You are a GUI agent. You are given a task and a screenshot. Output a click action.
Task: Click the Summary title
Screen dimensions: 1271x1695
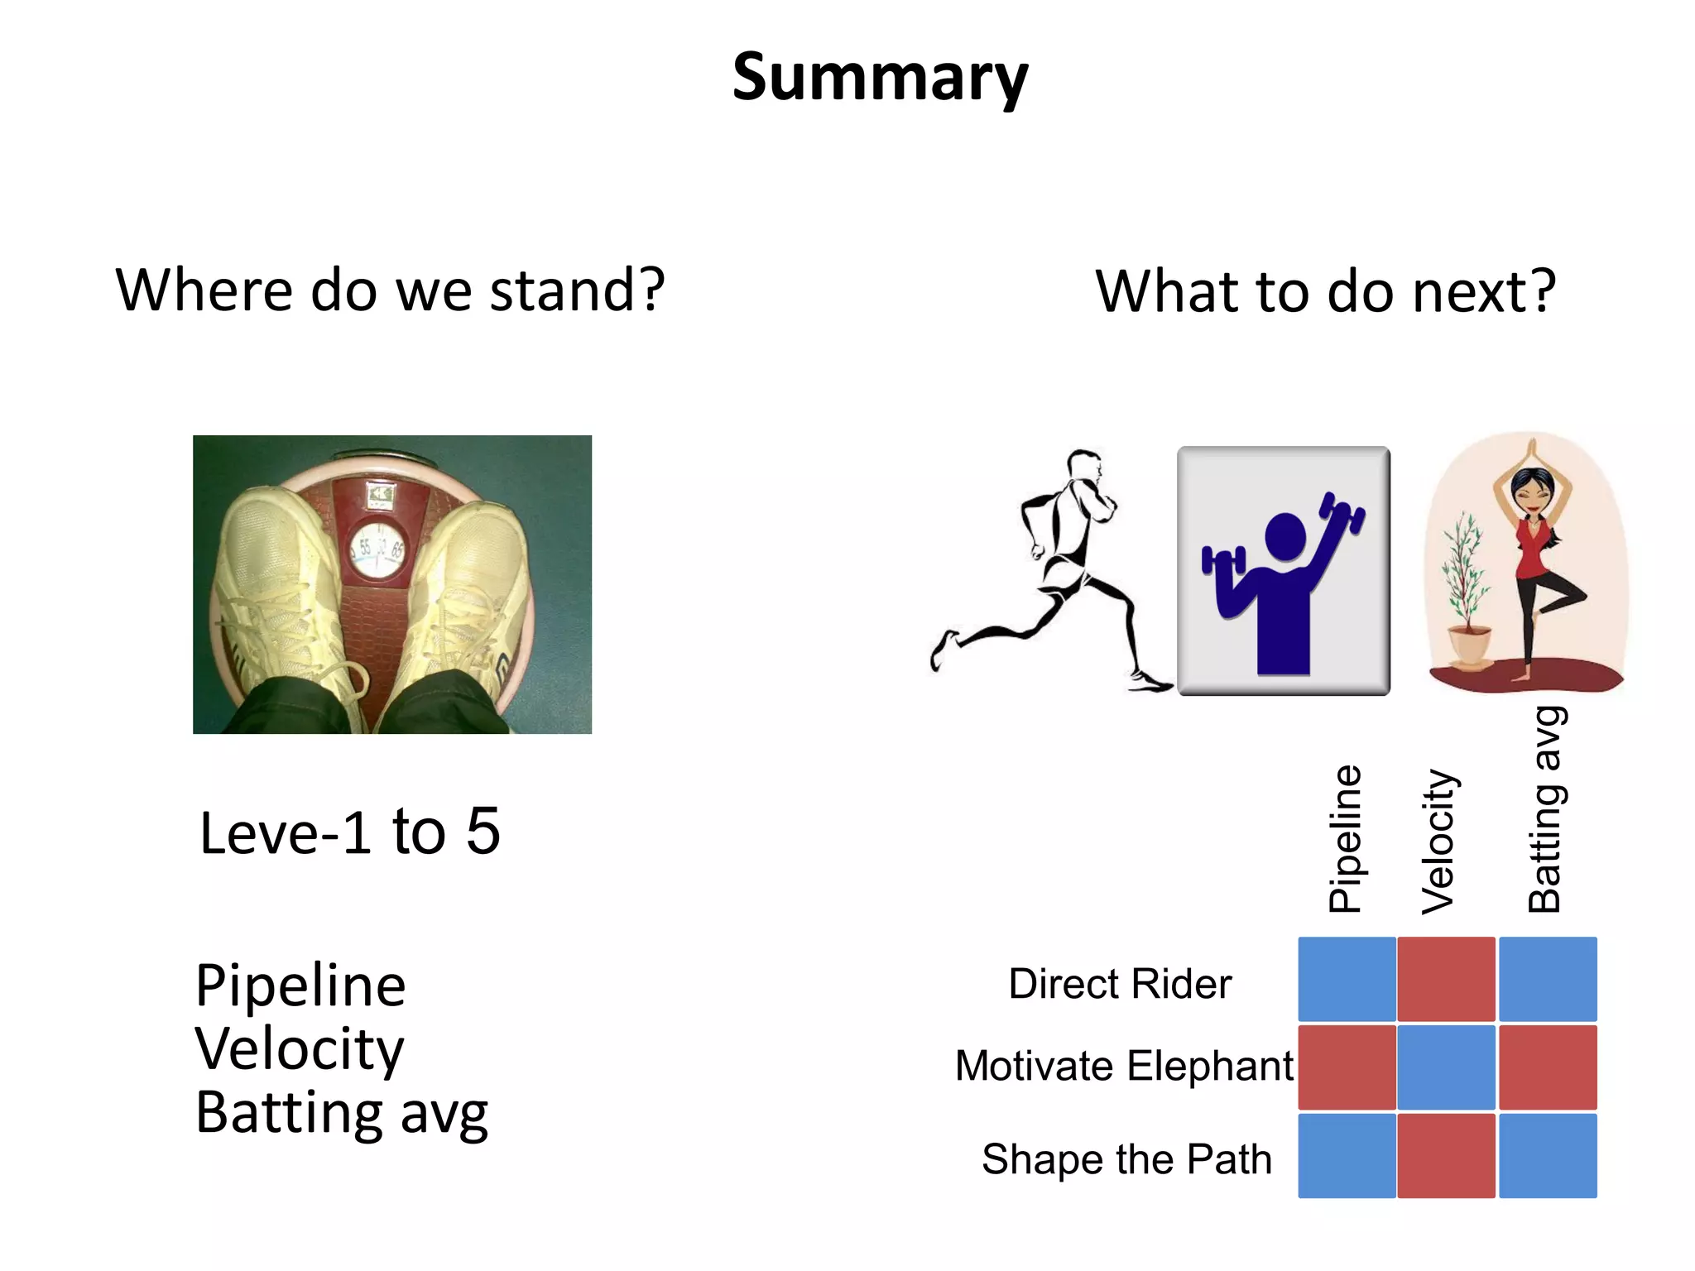point(880,77)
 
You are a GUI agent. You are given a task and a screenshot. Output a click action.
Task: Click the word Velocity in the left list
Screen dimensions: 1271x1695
point(300,1048)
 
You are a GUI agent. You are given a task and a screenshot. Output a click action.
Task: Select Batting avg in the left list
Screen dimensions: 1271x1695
point(341,1113)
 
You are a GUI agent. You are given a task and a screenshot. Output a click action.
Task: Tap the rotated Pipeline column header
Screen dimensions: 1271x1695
point(1345,838)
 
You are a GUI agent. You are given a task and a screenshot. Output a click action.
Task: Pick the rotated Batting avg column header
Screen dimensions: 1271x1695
point(1544,809)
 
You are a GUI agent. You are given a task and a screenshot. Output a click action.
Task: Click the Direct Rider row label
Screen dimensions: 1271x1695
point(1120,984)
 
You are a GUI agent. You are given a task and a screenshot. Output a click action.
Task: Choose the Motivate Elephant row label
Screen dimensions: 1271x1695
point(1124,1066)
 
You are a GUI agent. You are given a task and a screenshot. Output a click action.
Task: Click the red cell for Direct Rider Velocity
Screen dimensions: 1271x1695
point(1446,979)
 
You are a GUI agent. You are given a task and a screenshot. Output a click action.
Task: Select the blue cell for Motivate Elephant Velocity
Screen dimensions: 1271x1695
point(1446,1067)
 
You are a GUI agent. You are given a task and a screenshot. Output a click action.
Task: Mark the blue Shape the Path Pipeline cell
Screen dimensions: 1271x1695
point(1347,1155)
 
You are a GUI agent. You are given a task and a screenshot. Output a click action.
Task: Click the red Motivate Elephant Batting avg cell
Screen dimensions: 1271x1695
point(1548,1067)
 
